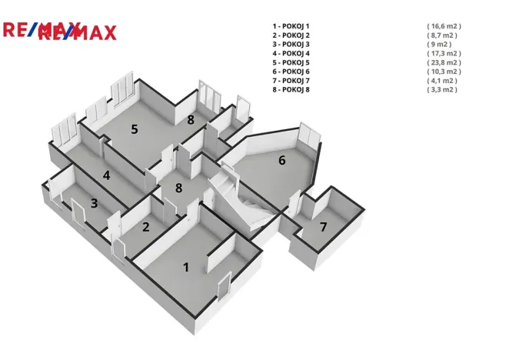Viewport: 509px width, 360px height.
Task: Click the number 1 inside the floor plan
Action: [186, 268]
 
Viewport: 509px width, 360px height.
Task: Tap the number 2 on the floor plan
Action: [146, 227]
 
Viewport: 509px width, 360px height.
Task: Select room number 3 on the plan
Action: [94, 203]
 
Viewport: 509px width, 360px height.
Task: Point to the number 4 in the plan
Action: [106, 175]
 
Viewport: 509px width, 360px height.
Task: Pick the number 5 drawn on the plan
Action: [135, 129]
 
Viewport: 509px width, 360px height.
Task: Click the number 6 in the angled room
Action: [281, 160]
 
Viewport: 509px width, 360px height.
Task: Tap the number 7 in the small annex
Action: [324, 227]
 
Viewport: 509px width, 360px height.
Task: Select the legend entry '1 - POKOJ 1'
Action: [291, 26]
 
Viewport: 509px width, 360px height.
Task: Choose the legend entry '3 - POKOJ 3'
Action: [291, 45]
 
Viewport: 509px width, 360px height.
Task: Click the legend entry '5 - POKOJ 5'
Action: [291, 63]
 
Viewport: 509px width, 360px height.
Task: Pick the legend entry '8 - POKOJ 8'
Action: [291, 90]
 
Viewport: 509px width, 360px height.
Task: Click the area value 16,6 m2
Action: [444, 26]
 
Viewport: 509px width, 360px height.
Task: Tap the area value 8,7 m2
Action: [442, 35]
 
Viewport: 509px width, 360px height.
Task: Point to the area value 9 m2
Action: [439, 45]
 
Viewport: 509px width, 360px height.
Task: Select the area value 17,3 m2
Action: [444, 54]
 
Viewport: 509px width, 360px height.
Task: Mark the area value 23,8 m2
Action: [444, 63]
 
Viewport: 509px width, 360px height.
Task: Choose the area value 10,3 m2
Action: [444, 72]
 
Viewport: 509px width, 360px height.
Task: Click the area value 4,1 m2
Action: [442, 81]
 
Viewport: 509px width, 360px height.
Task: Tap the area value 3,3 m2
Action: [442, 90]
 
